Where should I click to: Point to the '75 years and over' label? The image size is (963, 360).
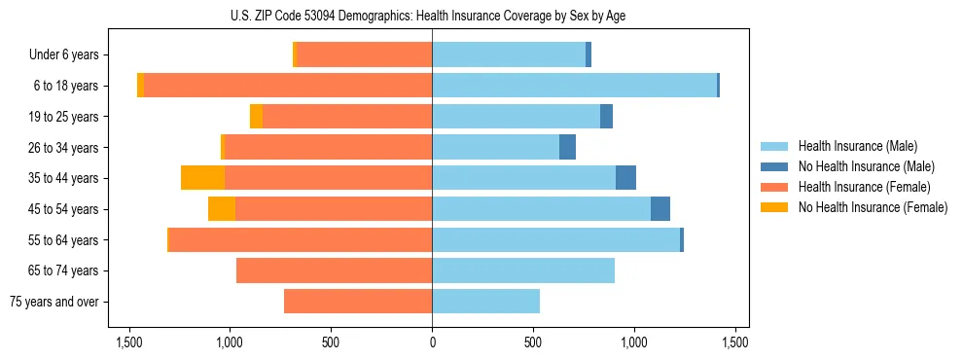(x=54, y=302)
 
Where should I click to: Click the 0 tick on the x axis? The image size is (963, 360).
(x=432, y=342)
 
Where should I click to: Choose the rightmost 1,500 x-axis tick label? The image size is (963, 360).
(x=735, y=342)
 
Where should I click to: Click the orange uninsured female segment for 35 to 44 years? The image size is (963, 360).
(x=202, y=178)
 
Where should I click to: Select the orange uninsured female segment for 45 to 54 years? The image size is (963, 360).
(x=222, y=209)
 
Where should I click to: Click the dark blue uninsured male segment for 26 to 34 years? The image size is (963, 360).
(x=567, y=147)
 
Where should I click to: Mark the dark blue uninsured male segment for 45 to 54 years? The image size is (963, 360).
(x=660, y=209)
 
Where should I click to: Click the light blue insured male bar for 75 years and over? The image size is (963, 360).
(x=485, y=302)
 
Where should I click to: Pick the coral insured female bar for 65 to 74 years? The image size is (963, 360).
(x=334, y=270)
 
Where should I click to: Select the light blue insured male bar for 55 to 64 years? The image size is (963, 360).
(x=555, y=239)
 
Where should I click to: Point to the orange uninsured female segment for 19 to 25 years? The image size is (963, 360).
(x=256, y=117)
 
